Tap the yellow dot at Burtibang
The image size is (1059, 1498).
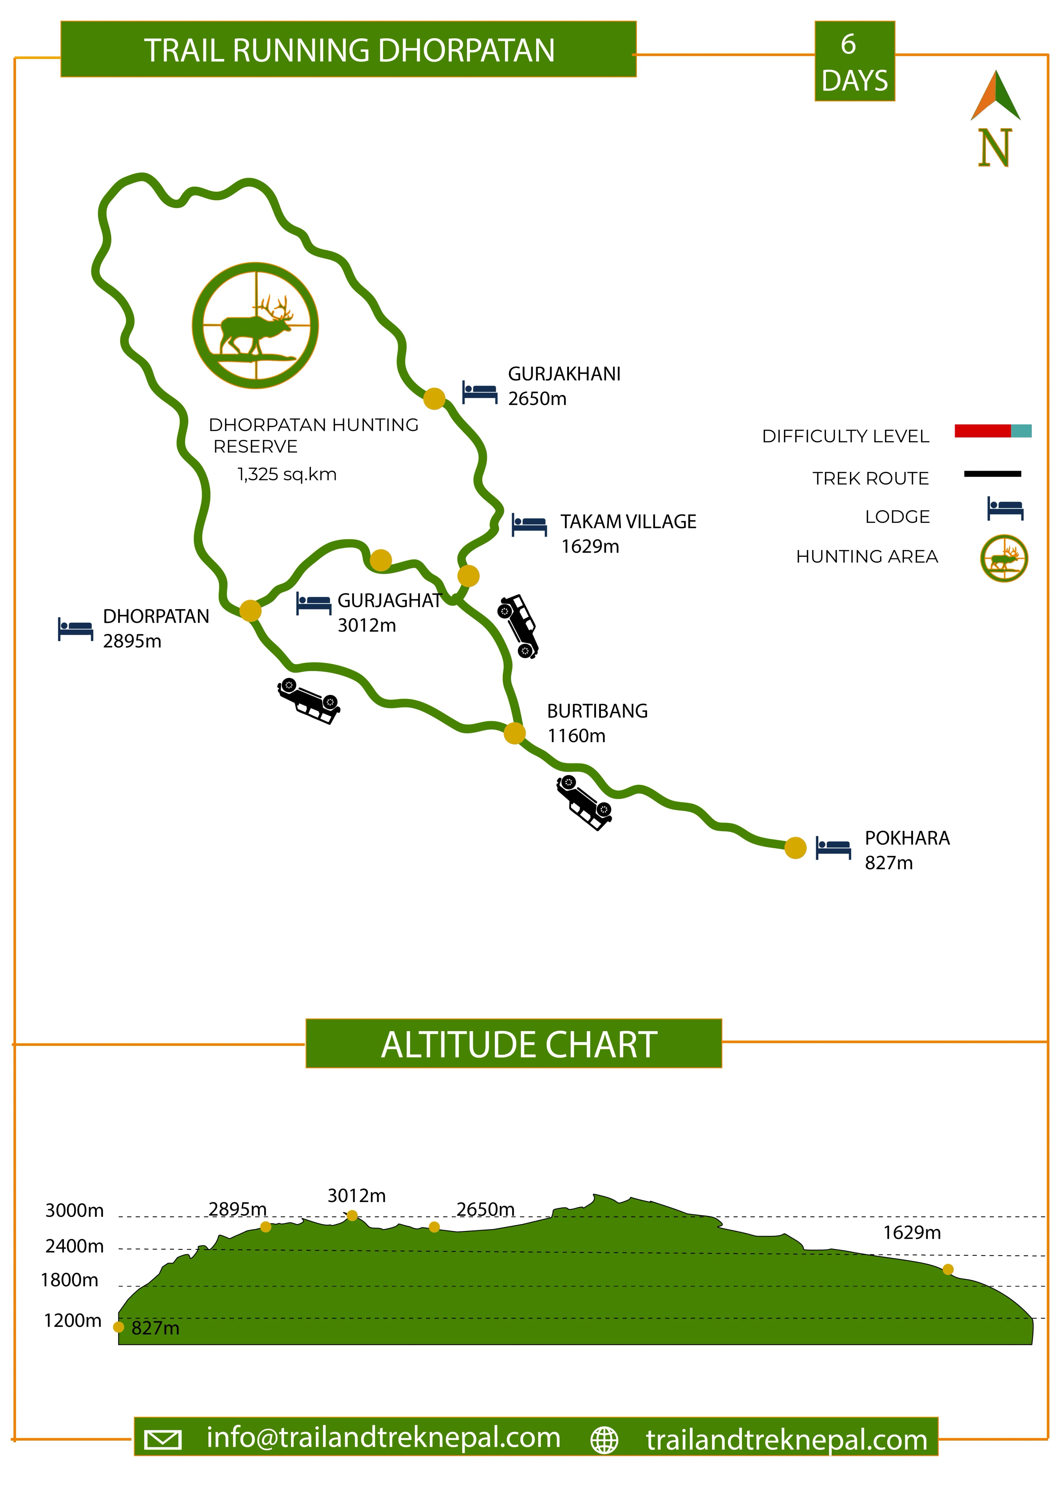pyautogui.click(x=514, y=733)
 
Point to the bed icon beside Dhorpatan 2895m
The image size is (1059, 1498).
pyautogui.click(x=75, y=629)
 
